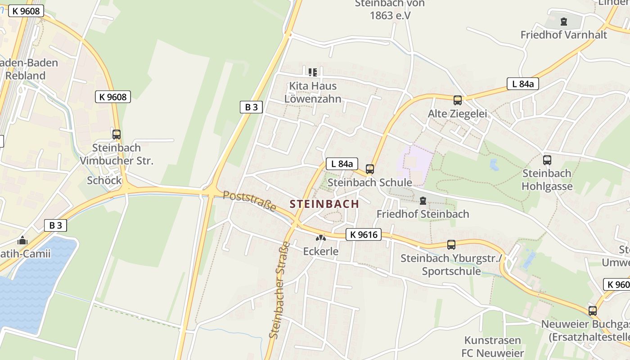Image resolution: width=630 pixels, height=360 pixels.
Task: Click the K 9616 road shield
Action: pyautogui.click(x=364, y=234)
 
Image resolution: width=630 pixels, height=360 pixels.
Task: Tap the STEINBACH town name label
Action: pyautogui.click(x=324, y=204)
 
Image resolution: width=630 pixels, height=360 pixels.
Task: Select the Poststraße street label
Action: pyautogui.click(x=249, y=201)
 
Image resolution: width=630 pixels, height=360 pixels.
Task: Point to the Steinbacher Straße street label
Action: pyautogui.click(x=279, y=290)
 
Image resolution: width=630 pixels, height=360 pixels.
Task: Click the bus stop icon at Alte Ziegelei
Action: pyautogui.click(x=458, y=100)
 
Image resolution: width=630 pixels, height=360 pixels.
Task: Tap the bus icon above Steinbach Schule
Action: pyautogui.click(x=370, y=169)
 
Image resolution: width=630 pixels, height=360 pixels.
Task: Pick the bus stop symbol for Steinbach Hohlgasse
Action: pyautogui.click(x=547, y=160)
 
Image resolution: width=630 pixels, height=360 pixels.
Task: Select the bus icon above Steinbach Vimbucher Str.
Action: pyautogui.click(x=117, y=134)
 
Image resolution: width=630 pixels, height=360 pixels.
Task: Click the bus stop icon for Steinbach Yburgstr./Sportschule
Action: pyautogui.click(x=451, y=245)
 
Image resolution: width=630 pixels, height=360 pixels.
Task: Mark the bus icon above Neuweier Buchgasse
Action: pyautogui.click(x=593, y=310)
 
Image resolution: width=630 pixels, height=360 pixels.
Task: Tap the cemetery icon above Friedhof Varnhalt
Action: pyautogui.click(x=563, y=21)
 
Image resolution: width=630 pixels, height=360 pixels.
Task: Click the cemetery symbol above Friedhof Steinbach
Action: pyautogui.click(x=423, y=201)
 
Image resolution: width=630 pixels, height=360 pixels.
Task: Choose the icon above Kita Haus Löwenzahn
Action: pyautogui.click(x=313, y=72)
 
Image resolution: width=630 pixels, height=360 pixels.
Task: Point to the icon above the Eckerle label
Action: pyautogui.click(x=320, y=238)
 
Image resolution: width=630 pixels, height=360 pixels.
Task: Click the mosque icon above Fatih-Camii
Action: pyautogui.click(x=22, y=240)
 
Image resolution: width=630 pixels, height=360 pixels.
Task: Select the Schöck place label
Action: pyautogui.click(x=104, y=180)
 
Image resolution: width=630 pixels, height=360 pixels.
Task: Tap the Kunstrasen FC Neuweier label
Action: pyautogui.click(x=493, y=346)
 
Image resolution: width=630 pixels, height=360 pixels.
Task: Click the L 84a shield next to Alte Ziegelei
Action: pyautogui.click(x=523, y=84)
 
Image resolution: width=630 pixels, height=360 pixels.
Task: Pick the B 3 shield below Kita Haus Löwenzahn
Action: pyautogui.click(x=251, y=107)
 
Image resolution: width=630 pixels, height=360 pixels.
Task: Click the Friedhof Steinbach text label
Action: pyautogui.click(x=423, y=214)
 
